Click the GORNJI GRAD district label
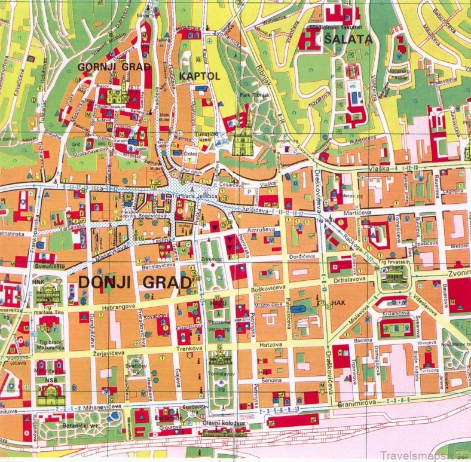click(114, 67)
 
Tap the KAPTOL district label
click(199, 77)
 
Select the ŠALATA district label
click(348, 40)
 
